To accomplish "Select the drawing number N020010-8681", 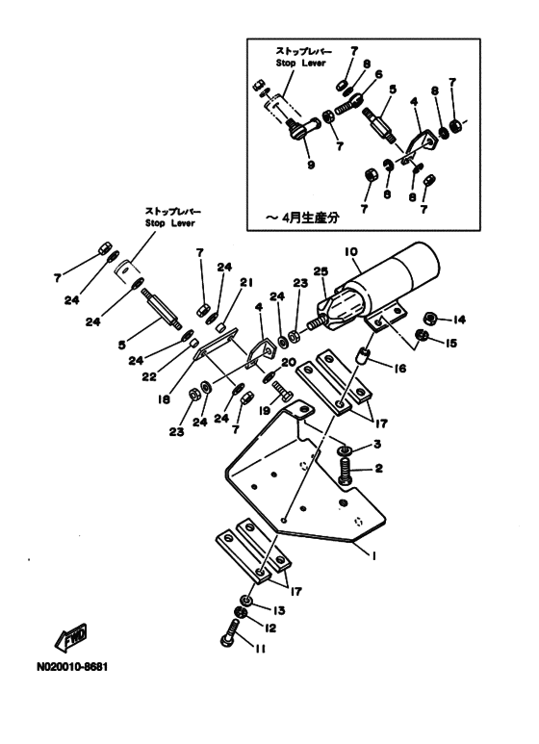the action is coord(73,667).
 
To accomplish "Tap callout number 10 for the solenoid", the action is coord(351,252).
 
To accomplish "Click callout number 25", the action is coord(321,271).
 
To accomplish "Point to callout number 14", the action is coord(459,320).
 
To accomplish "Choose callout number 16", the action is coord(400,368).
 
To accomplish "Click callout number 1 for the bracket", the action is coord(373,555).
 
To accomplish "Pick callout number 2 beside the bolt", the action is coord(378,469).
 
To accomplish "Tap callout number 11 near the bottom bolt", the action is coord(260,649).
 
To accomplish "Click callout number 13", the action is coord(278,610).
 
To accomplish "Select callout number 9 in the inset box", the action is coord(311,166).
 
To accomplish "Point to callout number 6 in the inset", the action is coord(378,74).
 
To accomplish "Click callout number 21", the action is coord(246,283).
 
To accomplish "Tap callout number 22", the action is coord(149,376).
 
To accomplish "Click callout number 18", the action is coord(165,400).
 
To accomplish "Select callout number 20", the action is coord(289,364).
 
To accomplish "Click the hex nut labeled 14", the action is coord(430,318).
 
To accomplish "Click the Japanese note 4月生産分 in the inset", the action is coord(310,218).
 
